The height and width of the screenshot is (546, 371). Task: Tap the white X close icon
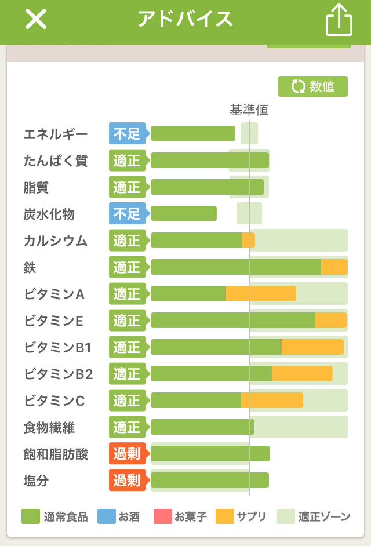[35, 20]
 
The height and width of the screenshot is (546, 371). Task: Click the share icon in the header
[339, 21]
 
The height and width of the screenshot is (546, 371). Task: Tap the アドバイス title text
[185, 19]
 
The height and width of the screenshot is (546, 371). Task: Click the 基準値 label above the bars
[249, 110]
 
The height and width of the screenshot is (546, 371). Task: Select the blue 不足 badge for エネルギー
[127, 134]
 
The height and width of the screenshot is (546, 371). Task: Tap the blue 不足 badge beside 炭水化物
[127, 214]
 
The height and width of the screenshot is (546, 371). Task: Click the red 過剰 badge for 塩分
[127, 481]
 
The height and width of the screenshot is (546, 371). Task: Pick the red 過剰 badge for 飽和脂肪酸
[127, 454]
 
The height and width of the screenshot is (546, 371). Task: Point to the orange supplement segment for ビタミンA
[261, 294]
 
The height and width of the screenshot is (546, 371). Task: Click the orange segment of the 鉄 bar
[334, 267]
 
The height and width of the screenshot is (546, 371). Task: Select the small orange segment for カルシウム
[248, 241]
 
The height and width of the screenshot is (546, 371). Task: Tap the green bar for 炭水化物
[183, 214]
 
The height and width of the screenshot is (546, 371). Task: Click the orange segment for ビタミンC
[272, 401]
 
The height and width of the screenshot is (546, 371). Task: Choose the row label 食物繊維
[49, 428]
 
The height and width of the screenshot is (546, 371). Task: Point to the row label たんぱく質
[56, 161]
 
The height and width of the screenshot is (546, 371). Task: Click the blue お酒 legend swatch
[106, 516]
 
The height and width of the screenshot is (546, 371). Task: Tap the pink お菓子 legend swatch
[162, 516]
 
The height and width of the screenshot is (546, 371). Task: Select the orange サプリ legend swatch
[224, 516]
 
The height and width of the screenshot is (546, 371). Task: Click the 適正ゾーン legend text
[324, 516]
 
